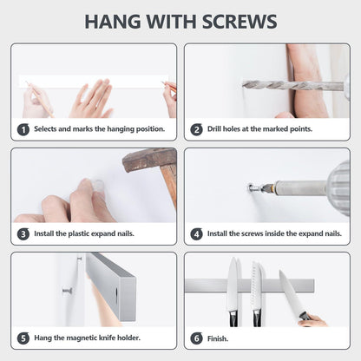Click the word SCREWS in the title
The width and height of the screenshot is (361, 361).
(x=240, y=21)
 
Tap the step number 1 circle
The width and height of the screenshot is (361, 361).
(x=23, y=129)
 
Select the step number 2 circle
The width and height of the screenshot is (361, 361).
(x=196, y=129)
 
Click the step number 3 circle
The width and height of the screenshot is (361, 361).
(x=23, y=233)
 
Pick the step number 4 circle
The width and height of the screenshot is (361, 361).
(x=196, y=233)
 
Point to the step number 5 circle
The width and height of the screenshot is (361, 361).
(x=23, y=338)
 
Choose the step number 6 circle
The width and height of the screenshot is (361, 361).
(x=196, y=338)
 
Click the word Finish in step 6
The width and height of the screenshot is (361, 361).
(x=218, y=338)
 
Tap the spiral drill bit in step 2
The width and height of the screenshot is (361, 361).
(x=292, y=86)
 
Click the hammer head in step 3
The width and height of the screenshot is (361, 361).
(x=149, y=159)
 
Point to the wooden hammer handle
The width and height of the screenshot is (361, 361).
(x=170, y=186)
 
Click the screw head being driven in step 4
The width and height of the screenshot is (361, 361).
(x=252, y=187)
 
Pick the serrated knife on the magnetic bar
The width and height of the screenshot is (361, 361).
(x=257, y=293)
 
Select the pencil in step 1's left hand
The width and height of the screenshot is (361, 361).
(x=40, y=99)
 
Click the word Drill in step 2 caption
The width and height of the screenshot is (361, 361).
(x=214, y=128)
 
